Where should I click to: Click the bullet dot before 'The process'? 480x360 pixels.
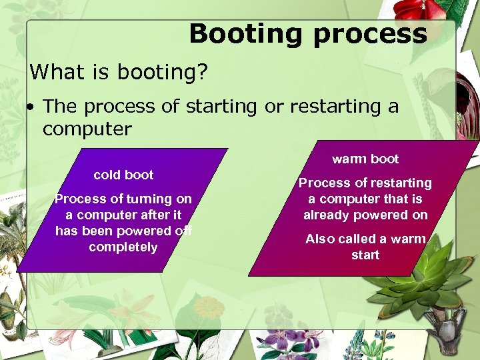click(31, 107)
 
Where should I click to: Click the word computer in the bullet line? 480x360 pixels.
click(87, 128)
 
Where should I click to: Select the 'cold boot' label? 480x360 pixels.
click(123, 175)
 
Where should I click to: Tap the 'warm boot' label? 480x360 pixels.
click(365, 159)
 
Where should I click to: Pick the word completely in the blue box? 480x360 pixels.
click(123, 247)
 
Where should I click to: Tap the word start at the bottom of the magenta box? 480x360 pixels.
click(365, 255)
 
